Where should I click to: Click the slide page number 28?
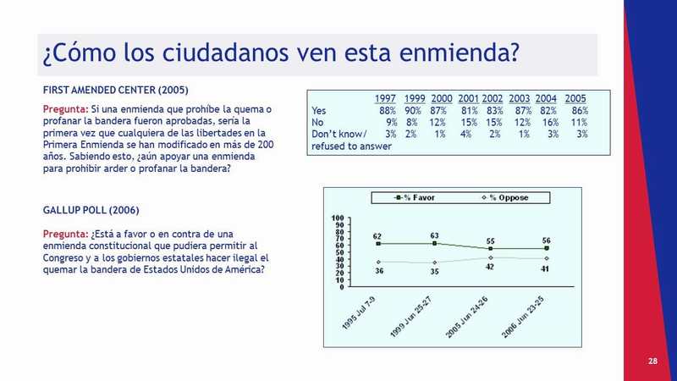tap(652, 362)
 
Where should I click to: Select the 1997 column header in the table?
tap(385, 99)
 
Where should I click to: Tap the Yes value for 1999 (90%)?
tap(413, 111)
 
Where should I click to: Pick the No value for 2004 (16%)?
tap(550, 123)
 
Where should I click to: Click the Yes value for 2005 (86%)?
tap(580, 111)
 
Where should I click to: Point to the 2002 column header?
tap(493, 99)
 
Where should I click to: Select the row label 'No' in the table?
tap(317, 123)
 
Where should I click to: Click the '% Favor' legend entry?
tap(415, 198)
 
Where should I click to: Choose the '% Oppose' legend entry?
tap(505, 198)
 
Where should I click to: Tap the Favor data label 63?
tap(434, 236)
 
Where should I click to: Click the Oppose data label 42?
tap(490, 267)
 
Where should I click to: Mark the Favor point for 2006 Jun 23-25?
tap(547, 248)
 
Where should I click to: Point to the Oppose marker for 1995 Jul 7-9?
tap(378, 262)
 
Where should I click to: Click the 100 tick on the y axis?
tap(338, 218)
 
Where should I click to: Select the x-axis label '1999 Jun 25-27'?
tap(410, 317)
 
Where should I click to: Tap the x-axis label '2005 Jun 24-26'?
tap(466, 317)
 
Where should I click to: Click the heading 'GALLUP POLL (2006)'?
tap(91, 210)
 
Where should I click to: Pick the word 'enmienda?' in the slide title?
tap(459, 52)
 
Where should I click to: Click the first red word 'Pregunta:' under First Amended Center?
tap(65, 109)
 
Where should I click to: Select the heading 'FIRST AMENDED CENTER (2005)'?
tap(116, 91)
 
